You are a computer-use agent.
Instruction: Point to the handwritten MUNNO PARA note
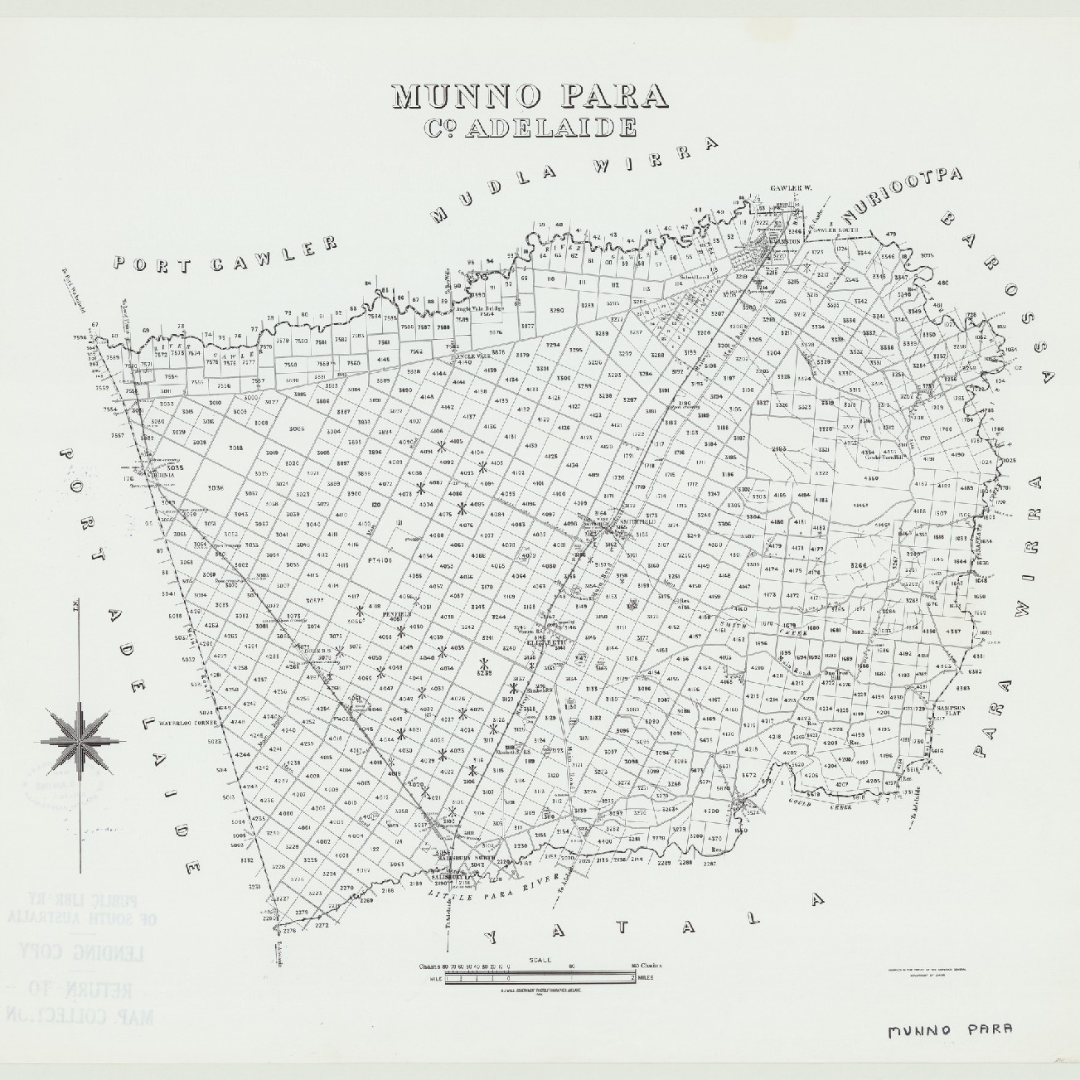950,1030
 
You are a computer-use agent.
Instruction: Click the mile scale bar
540,978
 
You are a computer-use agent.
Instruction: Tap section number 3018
235,448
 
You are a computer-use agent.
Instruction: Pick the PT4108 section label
378,560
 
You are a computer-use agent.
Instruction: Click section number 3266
858,565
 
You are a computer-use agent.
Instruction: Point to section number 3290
556,310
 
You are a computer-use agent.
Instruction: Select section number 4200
710,811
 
